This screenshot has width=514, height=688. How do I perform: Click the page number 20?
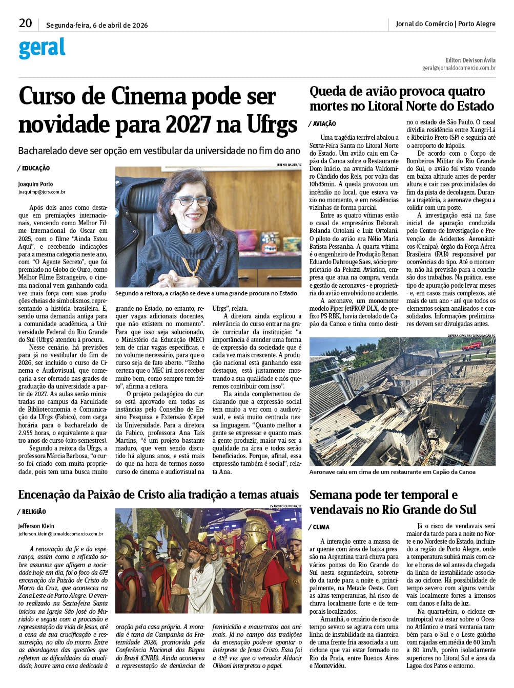(25, 23)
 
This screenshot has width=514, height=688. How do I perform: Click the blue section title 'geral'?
(42, 49)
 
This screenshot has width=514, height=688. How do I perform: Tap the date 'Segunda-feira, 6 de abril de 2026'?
(97, 25)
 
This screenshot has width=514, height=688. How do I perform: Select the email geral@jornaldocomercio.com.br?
(459, 68)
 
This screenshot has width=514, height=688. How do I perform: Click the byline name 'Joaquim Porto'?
(35, 184)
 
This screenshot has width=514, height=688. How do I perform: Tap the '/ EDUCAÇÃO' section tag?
(33, 168)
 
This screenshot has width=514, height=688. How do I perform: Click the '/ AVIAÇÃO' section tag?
(322, 123)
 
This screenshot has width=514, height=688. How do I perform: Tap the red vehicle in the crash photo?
(471, 345)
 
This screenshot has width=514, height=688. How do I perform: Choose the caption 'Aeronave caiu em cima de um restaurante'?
(392, 471)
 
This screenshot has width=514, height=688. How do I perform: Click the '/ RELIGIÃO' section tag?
(32, 511)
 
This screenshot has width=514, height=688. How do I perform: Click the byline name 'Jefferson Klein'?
(36, 526)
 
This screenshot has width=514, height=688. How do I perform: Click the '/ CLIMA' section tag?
(319, 527)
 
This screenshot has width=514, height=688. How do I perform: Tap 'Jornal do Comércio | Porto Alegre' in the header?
(445, 24)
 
